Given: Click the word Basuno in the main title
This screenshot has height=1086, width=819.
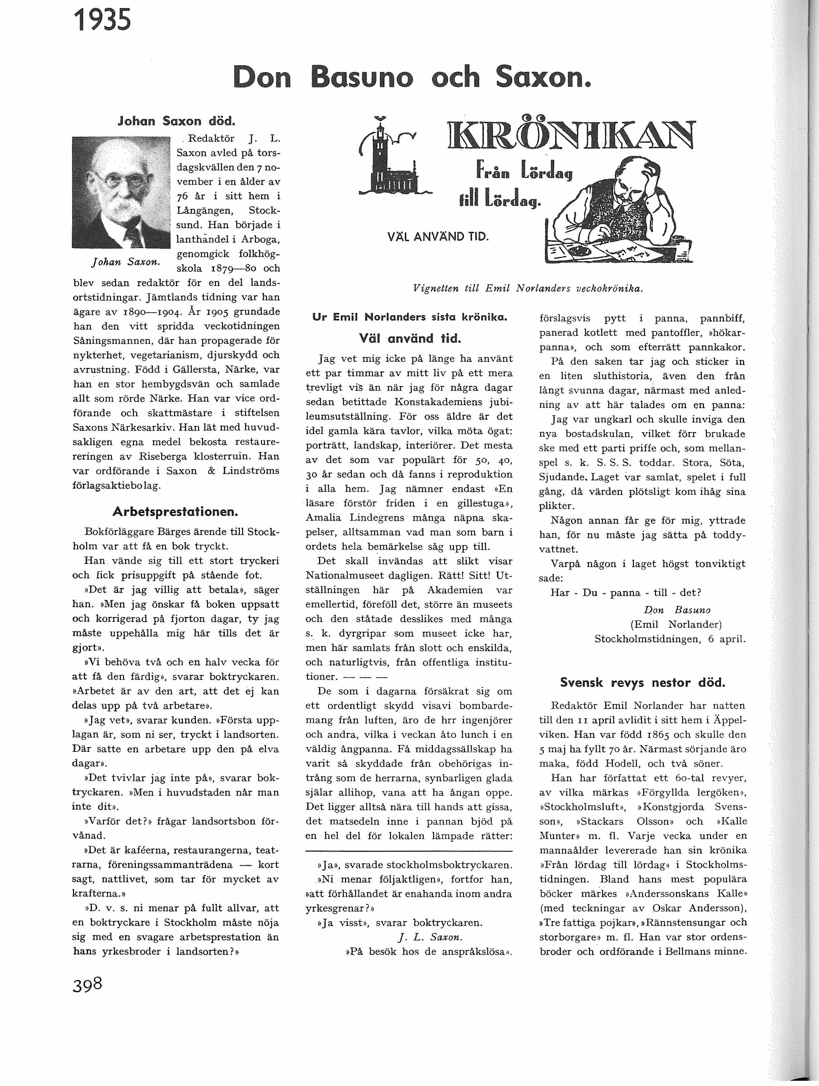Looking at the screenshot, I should [362, 78].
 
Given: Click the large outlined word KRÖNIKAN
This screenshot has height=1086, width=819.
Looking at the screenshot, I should [570, 135].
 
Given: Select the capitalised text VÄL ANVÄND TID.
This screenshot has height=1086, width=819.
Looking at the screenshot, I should [438, 237].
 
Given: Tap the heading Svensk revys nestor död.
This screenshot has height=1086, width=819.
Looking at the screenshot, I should [643, 682].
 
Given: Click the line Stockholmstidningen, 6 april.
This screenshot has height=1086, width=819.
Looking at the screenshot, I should [670, 639].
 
